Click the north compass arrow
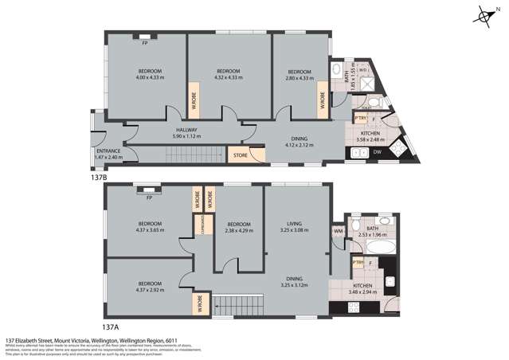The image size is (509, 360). (x=484, y=17)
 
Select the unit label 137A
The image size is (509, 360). (x=109, y=326)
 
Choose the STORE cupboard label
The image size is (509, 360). (x=240, y=155)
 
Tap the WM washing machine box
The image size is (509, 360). (x=338, y=231)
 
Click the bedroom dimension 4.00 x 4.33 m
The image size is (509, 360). (x=149, y=77)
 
